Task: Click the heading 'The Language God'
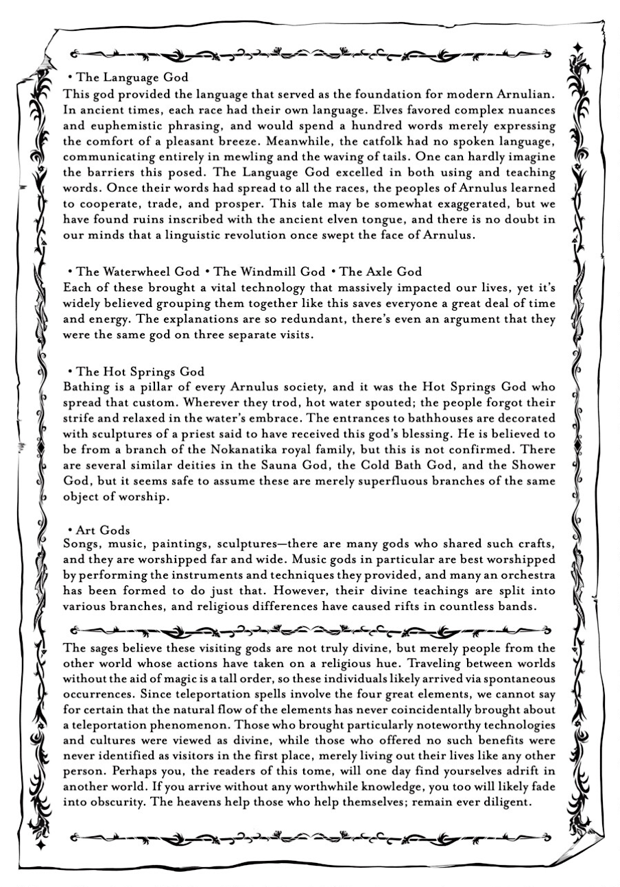pyautogui.click(x=132, y=78)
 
